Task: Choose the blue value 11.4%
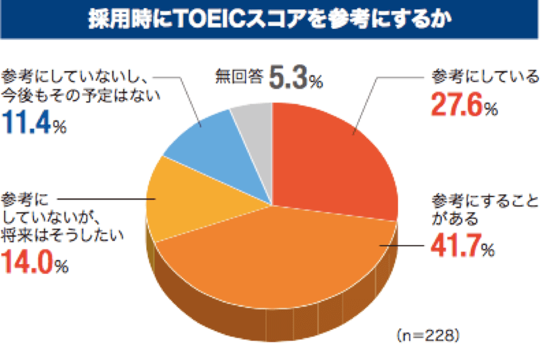[34, 123]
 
